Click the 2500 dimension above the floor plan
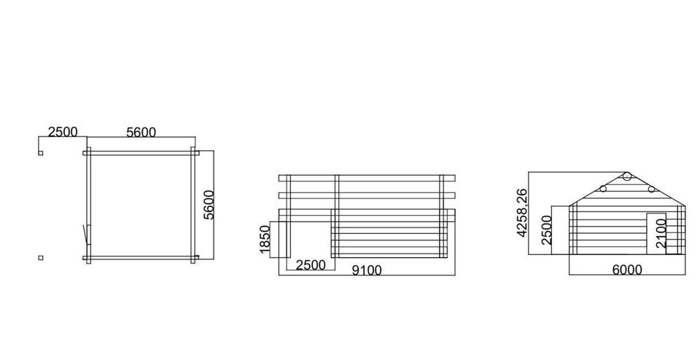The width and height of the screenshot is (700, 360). (63, 132)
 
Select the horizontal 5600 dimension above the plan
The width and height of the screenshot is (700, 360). (141, 133)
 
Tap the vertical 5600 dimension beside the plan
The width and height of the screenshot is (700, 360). (209, 205)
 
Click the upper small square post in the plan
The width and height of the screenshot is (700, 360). (41, 153)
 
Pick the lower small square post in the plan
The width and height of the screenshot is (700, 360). (41, 257)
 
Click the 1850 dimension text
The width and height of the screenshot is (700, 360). (265, 239)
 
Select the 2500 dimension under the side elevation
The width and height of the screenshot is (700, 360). (311, 265)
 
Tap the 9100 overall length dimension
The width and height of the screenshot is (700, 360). (367, 270)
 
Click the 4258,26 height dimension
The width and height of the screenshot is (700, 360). (521, 213)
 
